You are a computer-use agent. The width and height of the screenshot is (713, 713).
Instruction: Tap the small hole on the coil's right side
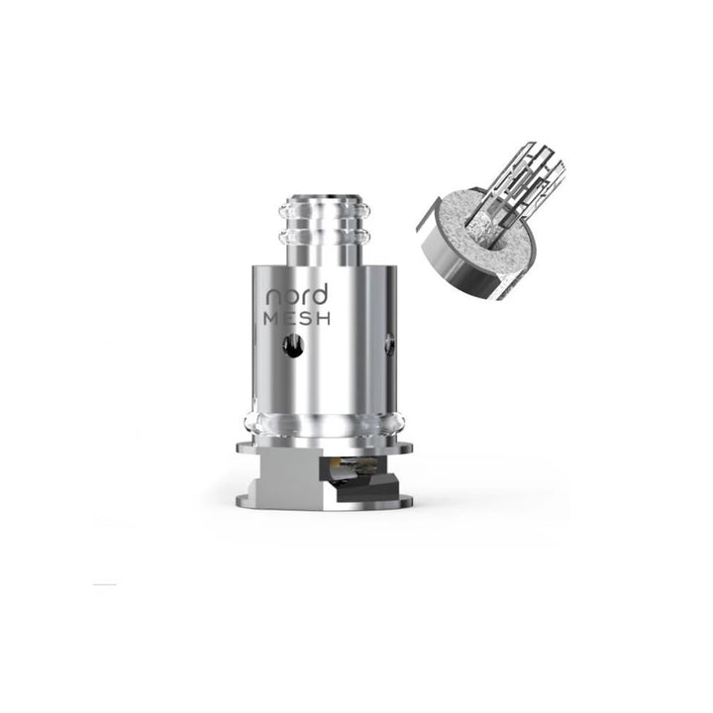[389, 345]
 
